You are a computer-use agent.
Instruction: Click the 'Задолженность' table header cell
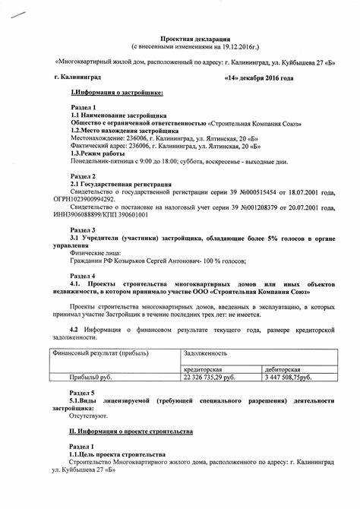206,353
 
